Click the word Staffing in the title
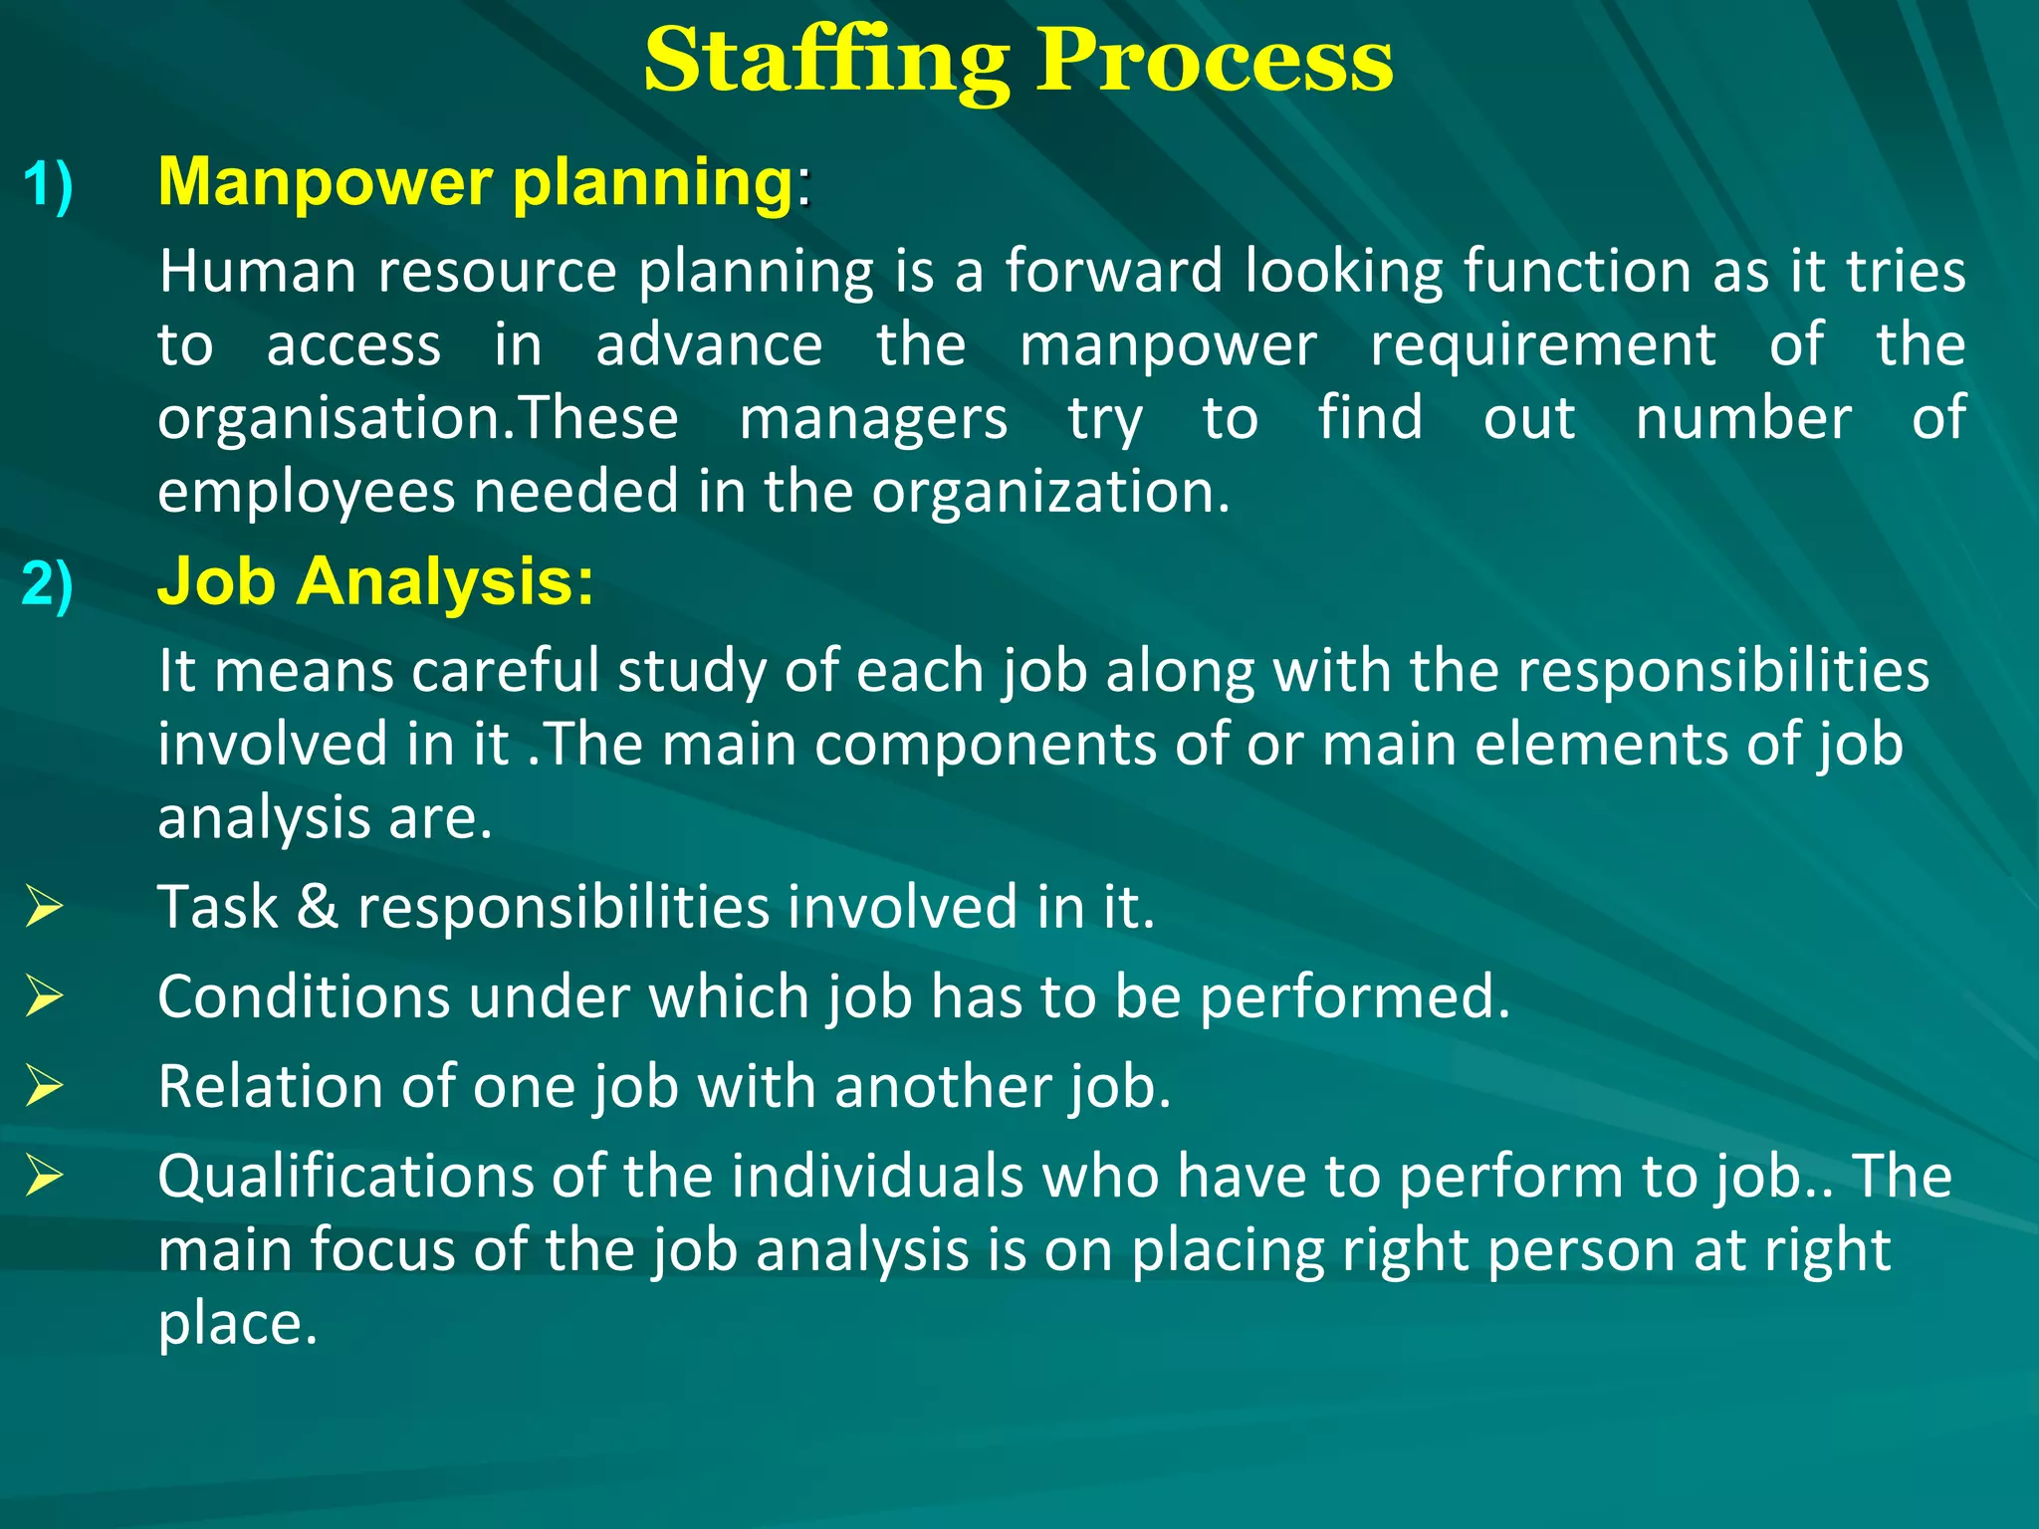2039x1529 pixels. [x=825, y=62]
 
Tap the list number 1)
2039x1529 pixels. [x=48, y=185]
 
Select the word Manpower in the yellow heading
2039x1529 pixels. [x=326, y=182]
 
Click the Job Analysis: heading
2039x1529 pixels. [x=375, y=581]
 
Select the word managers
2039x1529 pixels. [x=873, y=418]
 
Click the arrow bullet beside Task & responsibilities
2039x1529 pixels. [x=45, y=906]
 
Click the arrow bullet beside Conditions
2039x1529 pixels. [x=45, y=995]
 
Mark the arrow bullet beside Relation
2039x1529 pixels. [x=45, y=1085]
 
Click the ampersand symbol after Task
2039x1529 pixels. [x=318, y=907]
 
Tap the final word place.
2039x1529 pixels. [x=237, y=1324]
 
